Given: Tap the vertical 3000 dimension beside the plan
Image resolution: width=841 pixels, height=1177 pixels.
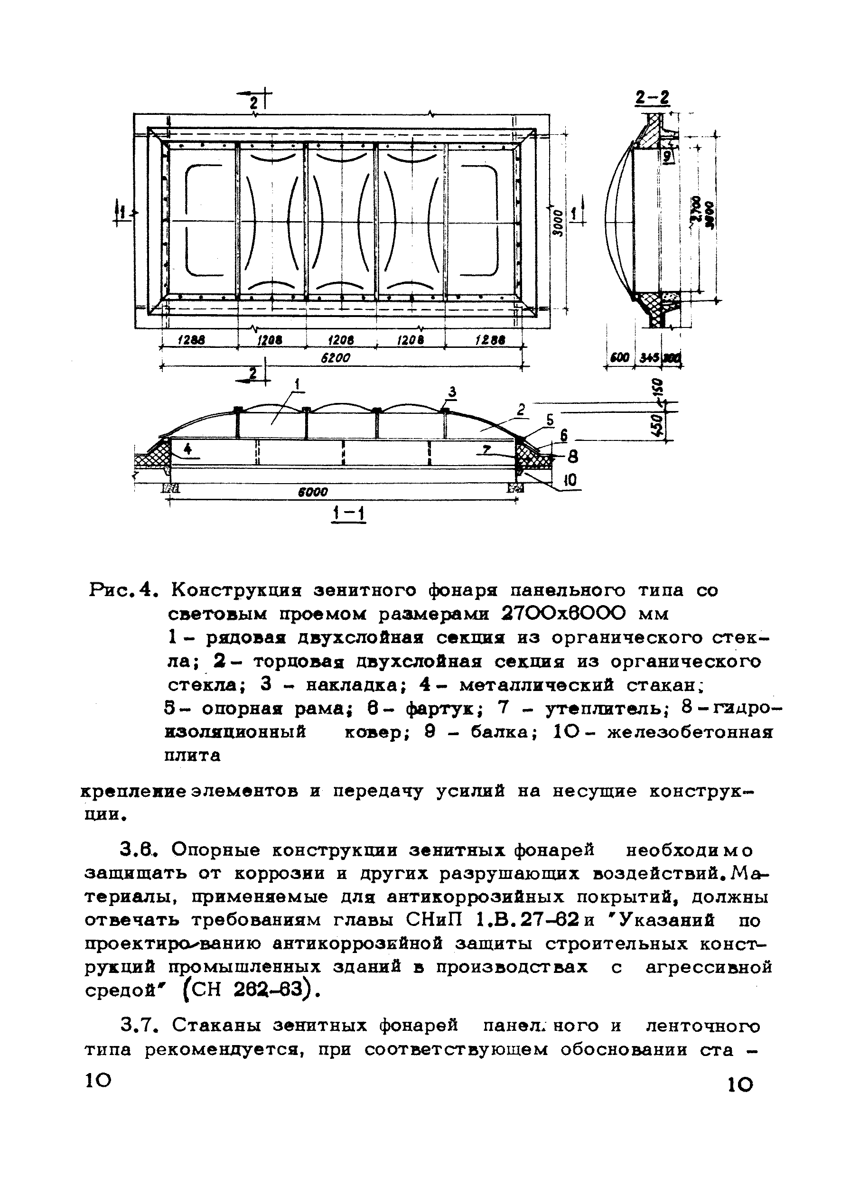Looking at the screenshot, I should click(557, 223).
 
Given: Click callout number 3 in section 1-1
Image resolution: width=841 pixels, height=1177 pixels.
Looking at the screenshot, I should click(452, 392).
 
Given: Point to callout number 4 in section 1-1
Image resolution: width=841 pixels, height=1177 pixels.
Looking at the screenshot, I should click(188, 448).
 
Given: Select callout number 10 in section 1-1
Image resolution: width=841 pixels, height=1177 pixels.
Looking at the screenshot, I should click(569, 481).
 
